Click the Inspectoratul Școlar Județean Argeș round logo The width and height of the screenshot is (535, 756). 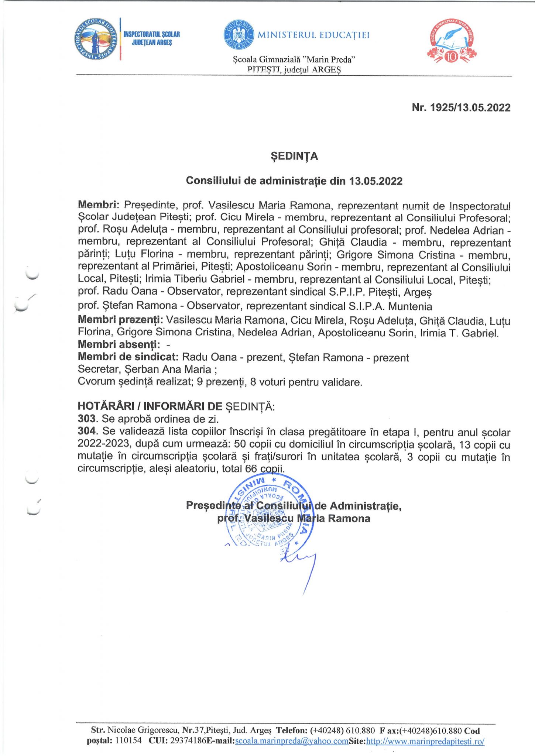coord(95,39)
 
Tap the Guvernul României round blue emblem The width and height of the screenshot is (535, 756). coord(239,35)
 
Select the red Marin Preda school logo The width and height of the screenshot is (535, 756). coord(452,42)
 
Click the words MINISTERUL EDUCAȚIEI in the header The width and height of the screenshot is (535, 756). coord(313,35)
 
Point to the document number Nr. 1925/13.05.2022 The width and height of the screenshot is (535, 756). coord(461,108)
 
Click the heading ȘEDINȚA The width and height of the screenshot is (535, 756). coord(294,156)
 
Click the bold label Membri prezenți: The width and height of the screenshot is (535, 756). coord(121,320)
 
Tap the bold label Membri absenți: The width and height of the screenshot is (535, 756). coord(119,345)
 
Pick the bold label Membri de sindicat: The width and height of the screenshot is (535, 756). coord(128,357)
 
